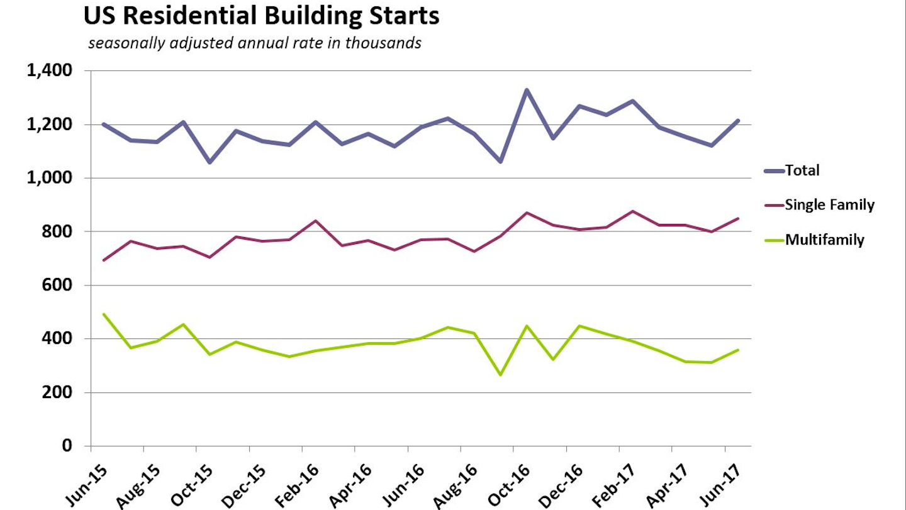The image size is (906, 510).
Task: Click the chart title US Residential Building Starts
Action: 261,17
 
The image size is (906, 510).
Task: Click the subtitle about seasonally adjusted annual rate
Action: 255,44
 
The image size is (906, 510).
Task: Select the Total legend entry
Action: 802,170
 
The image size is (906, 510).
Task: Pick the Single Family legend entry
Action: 829,204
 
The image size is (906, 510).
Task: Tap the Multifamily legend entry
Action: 824,240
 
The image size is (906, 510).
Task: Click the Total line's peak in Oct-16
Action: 527,90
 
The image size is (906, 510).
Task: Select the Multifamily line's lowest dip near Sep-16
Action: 500,375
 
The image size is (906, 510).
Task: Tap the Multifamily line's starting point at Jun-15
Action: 104,314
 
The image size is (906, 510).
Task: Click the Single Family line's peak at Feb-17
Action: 632,211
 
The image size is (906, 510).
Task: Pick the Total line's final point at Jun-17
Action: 738,120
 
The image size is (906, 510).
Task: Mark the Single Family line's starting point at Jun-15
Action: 104,260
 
